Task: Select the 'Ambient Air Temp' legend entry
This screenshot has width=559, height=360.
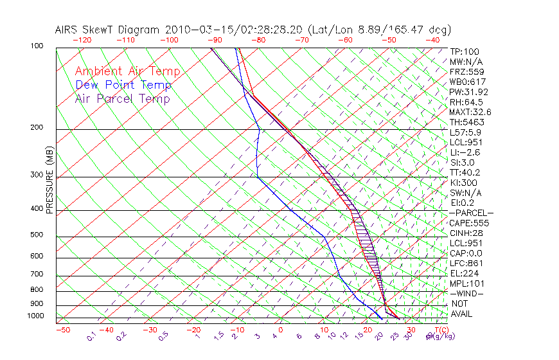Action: pos(127,71)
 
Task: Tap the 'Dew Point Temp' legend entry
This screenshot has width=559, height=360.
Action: pos(123,85)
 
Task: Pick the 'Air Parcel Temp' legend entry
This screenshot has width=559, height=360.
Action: pos(122,98)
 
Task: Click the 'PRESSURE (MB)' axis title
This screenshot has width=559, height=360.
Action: pos(49,181)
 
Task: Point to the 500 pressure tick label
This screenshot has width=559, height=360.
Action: pos(37,235)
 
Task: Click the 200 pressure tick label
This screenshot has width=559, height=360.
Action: pos(37,128)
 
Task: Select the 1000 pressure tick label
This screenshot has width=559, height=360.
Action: pos(35,316)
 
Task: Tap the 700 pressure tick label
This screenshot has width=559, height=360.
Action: pos(37,274)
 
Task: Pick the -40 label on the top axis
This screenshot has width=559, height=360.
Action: pos(433,40)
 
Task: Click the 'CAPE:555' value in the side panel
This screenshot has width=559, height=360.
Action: pos(469,223)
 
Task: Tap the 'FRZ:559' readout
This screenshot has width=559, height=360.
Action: pos(466,72)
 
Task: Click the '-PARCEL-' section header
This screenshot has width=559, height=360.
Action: pos(471,213)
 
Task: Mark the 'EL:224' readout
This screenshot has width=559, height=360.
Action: pos(464,273)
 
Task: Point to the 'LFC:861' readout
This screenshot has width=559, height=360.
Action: pos(466,263)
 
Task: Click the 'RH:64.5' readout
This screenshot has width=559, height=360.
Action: pos(466,102)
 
